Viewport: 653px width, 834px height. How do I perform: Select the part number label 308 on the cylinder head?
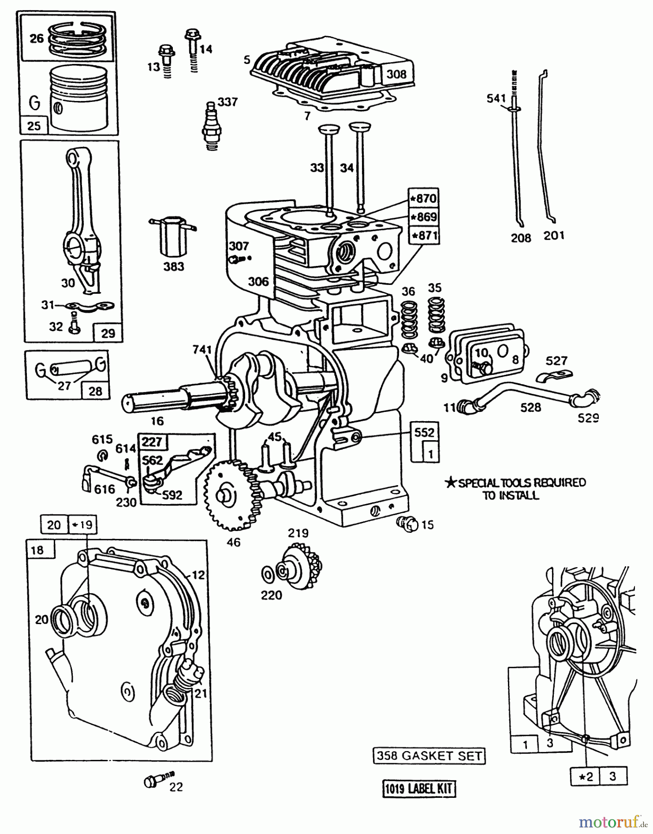[396, 74]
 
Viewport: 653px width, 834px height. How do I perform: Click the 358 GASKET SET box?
[429, 756]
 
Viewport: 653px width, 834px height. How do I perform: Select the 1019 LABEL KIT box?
[419, 788]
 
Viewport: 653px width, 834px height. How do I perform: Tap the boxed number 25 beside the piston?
[34, 126]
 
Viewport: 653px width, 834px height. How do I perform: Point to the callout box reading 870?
[423, 199]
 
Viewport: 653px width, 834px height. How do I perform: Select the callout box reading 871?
[423, 235]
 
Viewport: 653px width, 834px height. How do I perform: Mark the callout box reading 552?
[425, 433]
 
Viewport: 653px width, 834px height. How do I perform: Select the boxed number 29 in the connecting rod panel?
[108, 333]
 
